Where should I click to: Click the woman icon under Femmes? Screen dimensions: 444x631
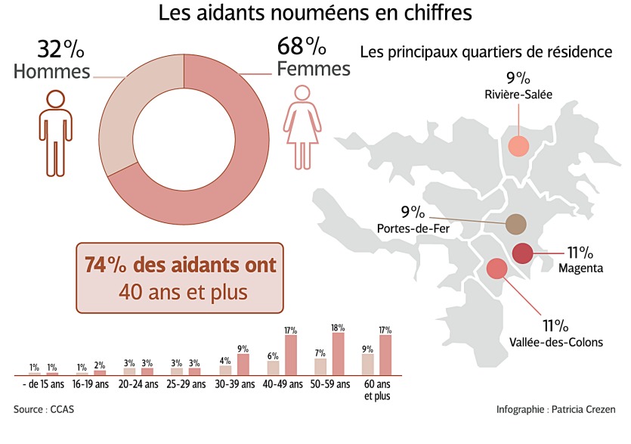point(303,126)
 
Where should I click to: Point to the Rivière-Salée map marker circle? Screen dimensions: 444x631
point(518,147)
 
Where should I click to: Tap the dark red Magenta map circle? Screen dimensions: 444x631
point(523,253)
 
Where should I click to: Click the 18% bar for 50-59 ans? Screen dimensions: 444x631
point(337,353)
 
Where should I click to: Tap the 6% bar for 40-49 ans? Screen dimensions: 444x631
point(273,368)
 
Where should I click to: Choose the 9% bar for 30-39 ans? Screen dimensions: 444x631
point(243,364)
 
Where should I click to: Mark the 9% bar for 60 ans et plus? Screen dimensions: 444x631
point(368,365)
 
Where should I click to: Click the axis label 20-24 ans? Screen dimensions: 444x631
point(138,384)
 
